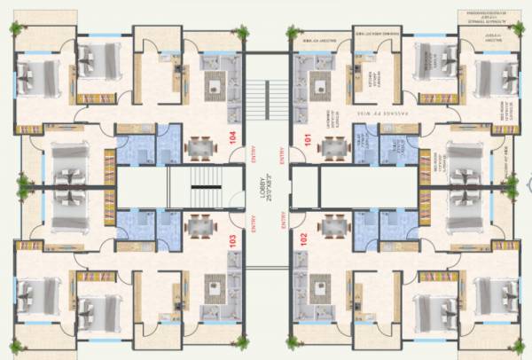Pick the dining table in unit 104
(x=195, y=145)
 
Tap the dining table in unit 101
(x=333, y=145)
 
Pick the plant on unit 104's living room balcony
(x=242, y=33)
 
